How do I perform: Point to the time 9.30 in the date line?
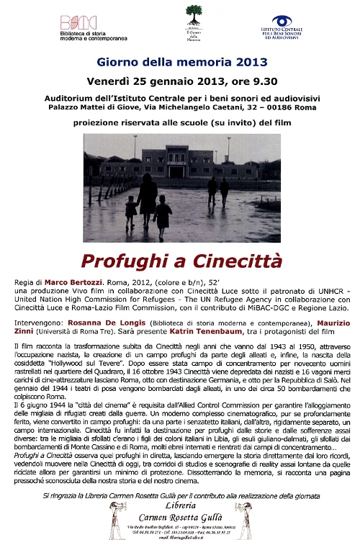coord(256,80)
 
